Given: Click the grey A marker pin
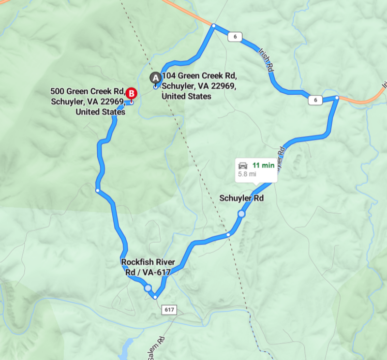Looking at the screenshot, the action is [x=156, y=77].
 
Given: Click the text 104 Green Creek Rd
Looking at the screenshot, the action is [x=199, y=76].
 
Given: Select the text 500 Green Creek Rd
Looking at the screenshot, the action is [x=87, y=91].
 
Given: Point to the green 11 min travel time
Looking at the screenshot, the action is [x=263, y=165].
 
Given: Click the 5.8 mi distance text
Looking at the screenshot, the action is [x=247, y=174].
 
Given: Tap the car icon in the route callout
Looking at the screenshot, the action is [x=243, y=166].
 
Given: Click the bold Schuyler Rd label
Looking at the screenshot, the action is [x=241, y=198].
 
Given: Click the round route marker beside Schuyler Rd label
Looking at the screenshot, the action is [x=241, y=214].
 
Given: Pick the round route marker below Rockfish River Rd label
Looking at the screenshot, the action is [x=148, y=288].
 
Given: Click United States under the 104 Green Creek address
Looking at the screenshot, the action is [x=186, y=96].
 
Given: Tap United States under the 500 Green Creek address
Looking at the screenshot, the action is [x=101, y=112].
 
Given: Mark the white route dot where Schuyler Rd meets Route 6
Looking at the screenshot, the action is [x=337, y=98].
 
